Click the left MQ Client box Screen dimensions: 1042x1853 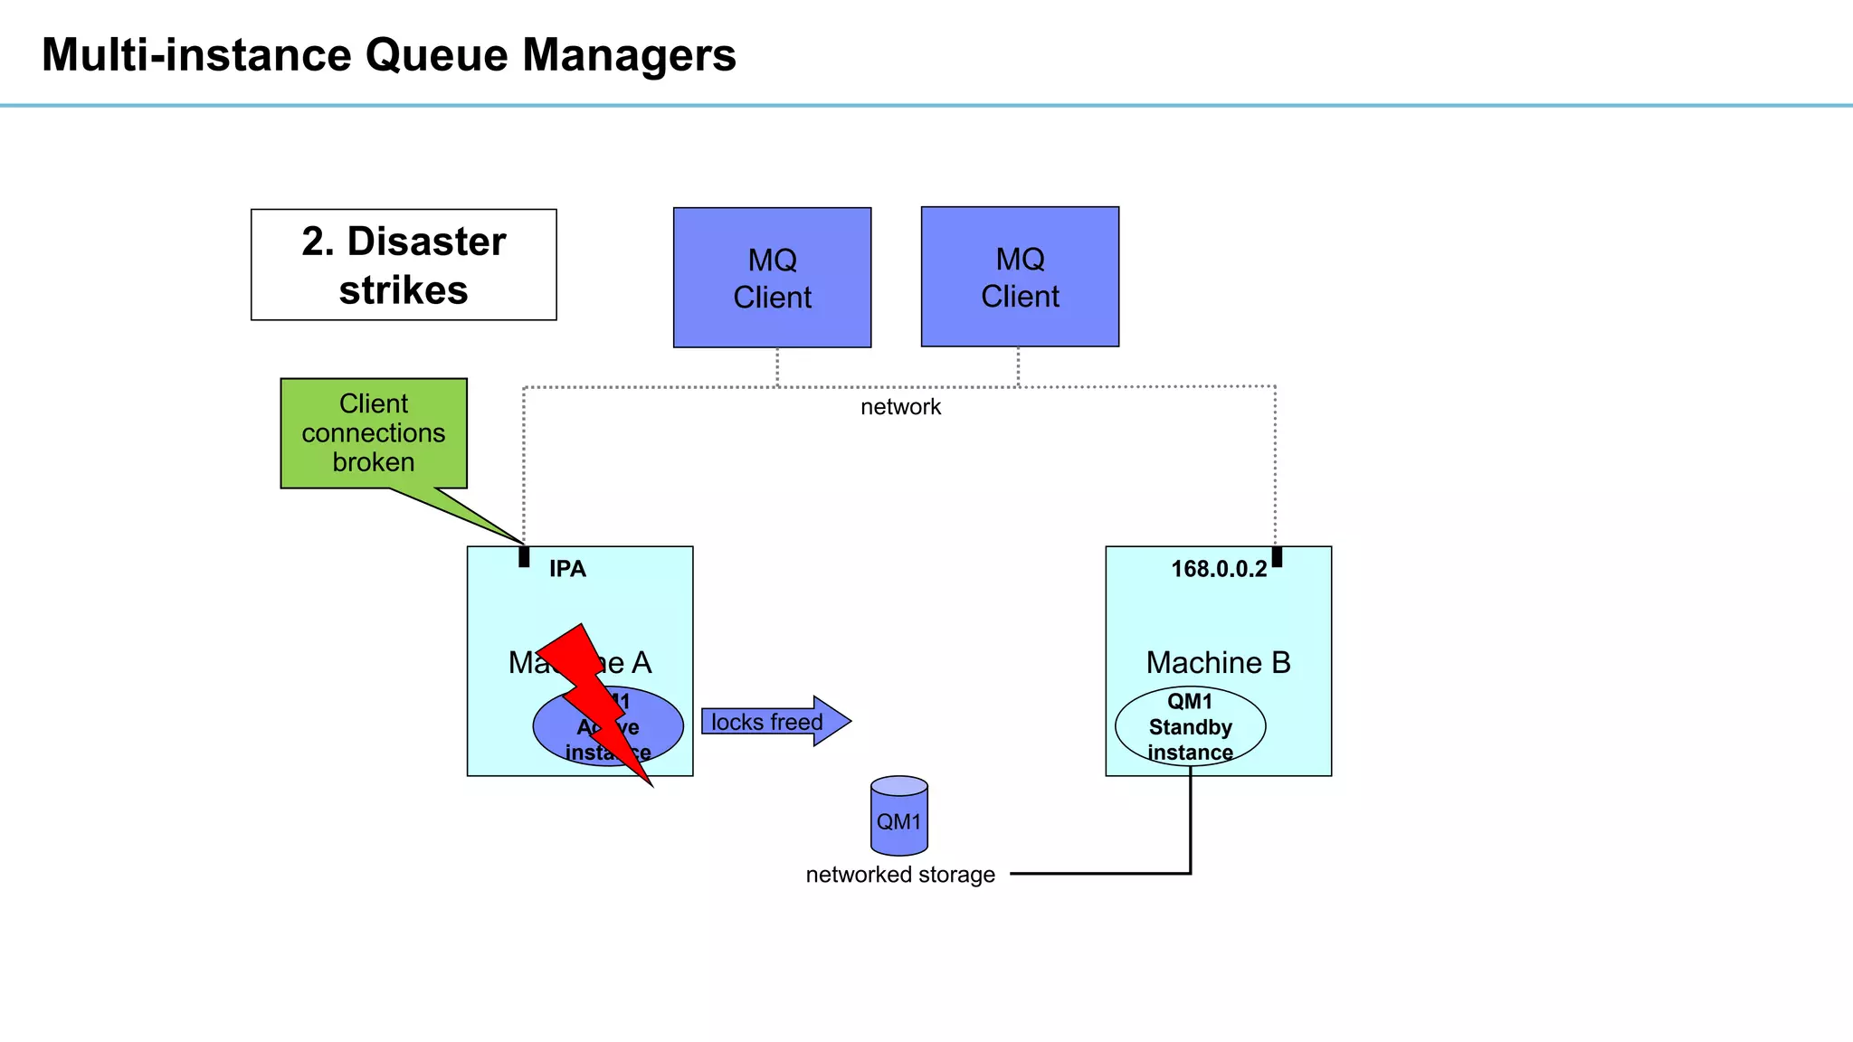click(x=772, y=278)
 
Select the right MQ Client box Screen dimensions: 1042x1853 click(x=1020, y=277)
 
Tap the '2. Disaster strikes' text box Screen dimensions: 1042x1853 click(x=404, y=265)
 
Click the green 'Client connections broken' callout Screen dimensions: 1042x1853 click(x=374, y=433)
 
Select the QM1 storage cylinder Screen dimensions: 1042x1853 click(x=898, y=817)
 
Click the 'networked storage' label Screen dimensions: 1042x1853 click(x=899, y=875)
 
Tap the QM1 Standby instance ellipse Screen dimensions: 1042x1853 click(x=1190, y=726)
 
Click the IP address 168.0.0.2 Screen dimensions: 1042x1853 click(x=1218, y=569)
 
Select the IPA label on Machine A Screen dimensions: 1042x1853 click(x=567, y=569)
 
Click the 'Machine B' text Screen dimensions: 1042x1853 click(x=1218, y=662)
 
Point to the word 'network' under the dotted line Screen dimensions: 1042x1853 click(x=900, y=407)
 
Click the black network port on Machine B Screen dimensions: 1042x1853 click(x=1277, y=556)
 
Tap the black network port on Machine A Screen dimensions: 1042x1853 click(x=524, y=556)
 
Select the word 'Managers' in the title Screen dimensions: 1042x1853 click(x=629, y=55)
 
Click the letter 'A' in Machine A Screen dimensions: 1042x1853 click(x=641, y=663)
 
